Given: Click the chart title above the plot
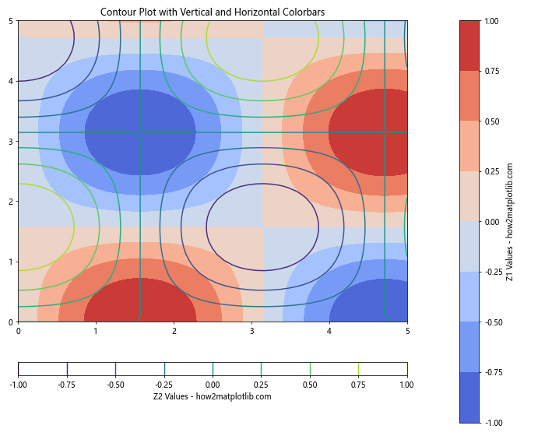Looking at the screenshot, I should (x=213, y=12).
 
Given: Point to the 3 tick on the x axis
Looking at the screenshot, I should (x=251, y=331).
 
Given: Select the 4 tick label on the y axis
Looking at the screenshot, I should (x=11, y=81).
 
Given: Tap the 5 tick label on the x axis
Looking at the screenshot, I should (x=407, y=331).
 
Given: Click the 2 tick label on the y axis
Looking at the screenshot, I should (x=11, y=202).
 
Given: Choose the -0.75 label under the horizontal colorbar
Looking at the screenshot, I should (x=67, y=384).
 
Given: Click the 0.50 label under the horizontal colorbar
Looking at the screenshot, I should (x=310, y=384).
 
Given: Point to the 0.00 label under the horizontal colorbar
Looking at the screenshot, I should (x=213, y=384).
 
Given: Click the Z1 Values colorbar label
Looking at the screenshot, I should (x=509, y=222).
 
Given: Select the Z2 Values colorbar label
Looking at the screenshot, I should (x=213, y=396).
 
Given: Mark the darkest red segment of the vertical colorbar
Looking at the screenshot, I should (x=469, y=45).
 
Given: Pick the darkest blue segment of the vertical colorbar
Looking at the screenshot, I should (x=469, y=397).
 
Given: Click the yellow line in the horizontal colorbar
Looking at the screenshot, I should (x=358, y=368).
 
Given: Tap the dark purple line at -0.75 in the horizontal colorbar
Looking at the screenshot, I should (x=67, y=368).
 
